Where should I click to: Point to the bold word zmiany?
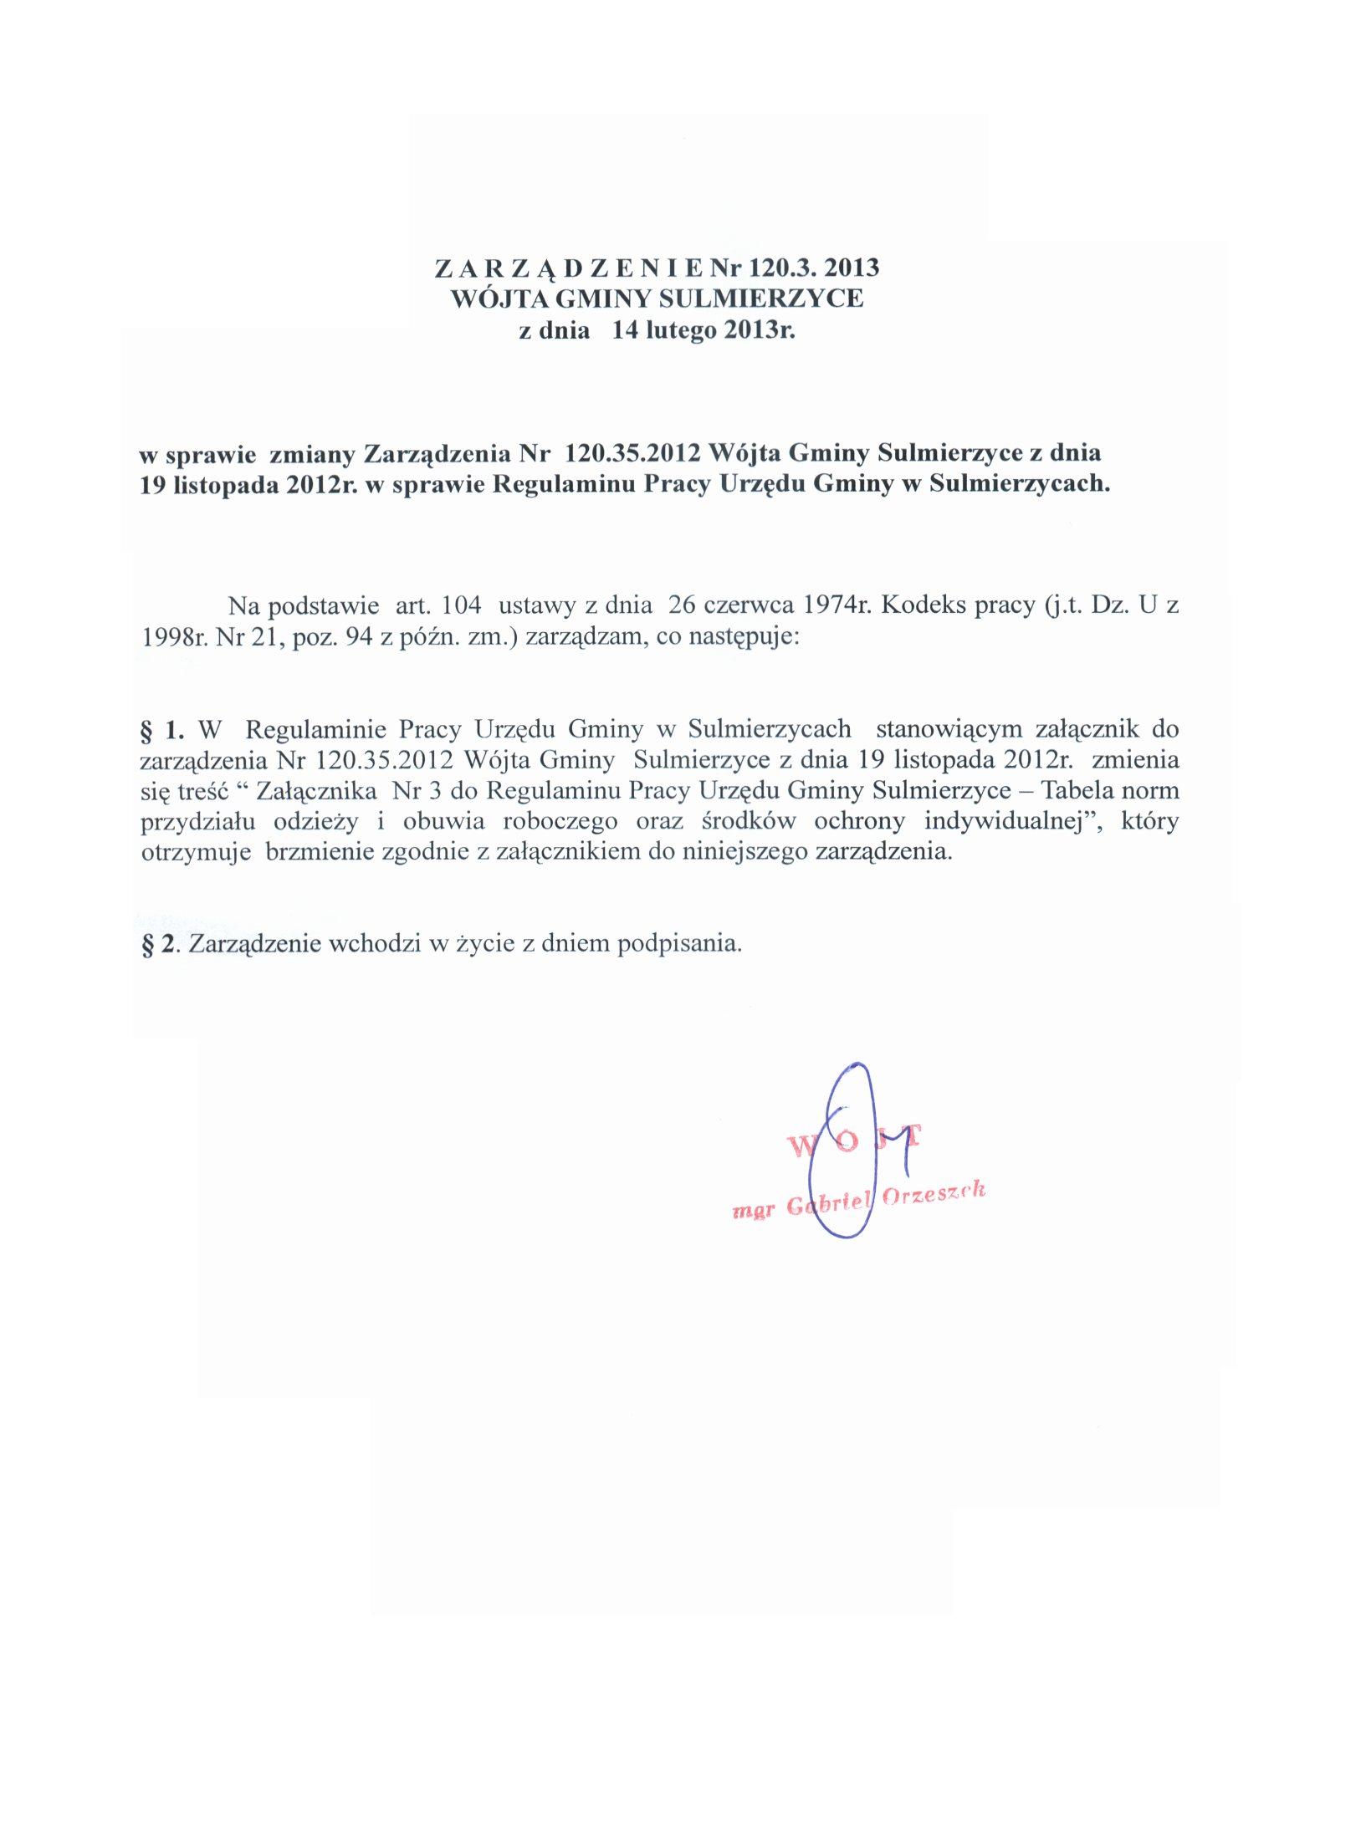[x=313, y=453]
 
